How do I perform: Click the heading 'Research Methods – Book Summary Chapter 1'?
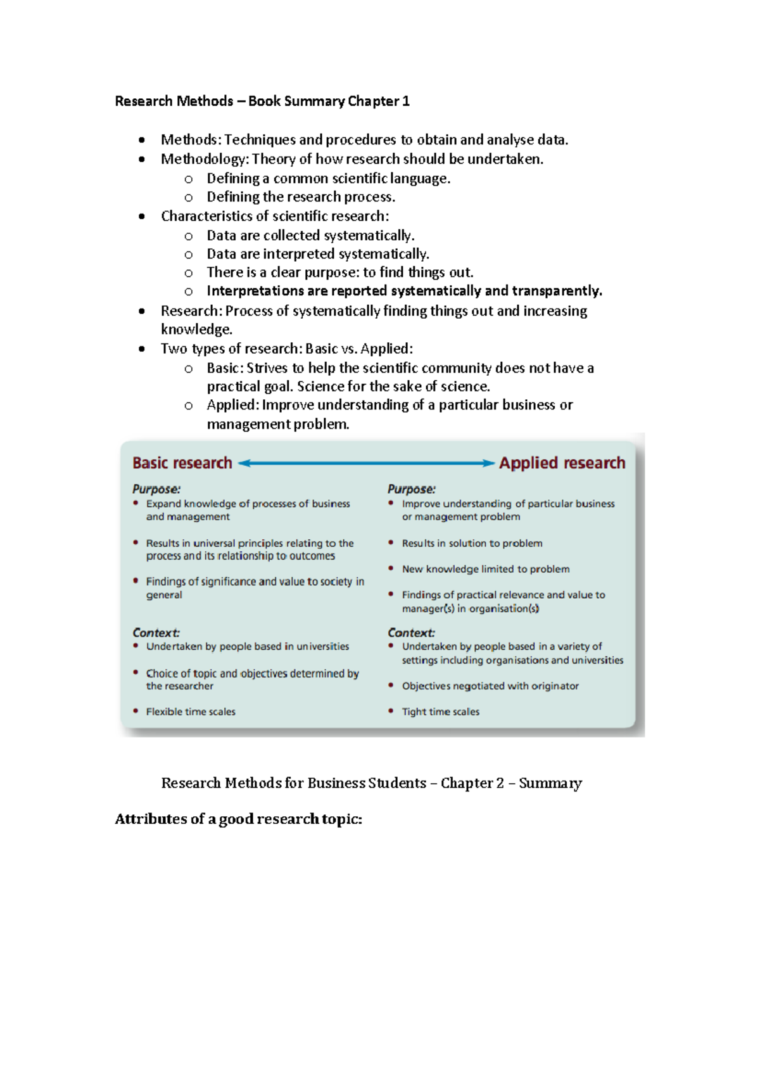tap(262, 101)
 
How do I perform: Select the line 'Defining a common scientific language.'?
tap(328, 179)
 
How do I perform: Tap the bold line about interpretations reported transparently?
tap(404, 291)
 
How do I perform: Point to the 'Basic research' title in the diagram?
tap(182, 463)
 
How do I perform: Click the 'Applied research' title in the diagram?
tap(562, 463)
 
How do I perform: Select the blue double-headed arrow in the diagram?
tap(366, 463)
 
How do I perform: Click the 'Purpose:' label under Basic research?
tap(156, 489)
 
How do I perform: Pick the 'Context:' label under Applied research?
tap(412, 632)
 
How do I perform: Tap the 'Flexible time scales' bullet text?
tap(191, 712)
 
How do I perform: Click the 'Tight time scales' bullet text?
tap(441, 712)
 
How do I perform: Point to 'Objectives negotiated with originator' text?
tap(490, 686)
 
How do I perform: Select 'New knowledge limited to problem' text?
tap(486, 569)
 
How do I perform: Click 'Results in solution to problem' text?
tap(472, 543)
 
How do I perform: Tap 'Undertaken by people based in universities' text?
tap(248, 646)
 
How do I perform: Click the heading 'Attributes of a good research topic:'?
tap(238, 819)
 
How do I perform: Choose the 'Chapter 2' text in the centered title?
tap(472, 783)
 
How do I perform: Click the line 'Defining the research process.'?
tap(301, 197)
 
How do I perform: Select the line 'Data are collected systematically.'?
tap(310, 236)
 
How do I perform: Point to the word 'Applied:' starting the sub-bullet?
tap(232, 405)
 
